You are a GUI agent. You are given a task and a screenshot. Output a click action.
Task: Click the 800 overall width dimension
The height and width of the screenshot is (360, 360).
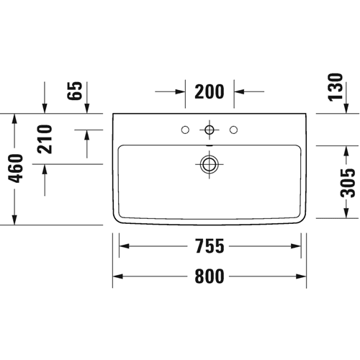210,276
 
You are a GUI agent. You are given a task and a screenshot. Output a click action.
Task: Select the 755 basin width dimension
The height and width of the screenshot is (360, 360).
210,246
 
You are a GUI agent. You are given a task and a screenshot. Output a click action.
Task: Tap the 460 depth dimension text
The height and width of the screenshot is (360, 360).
16,168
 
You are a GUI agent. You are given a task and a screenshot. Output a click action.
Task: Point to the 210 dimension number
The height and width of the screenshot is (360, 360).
45,139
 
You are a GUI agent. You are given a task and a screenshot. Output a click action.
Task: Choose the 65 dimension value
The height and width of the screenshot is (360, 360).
75,91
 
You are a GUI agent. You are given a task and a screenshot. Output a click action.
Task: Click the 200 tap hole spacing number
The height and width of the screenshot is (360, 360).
210,91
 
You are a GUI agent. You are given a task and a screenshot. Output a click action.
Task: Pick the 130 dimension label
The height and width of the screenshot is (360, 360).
336,87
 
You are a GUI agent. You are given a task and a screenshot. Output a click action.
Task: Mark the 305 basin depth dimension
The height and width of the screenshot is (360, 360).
348,183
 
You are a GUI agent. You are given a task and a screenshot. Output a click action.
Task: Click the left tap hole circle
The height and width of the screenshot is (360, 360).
185,130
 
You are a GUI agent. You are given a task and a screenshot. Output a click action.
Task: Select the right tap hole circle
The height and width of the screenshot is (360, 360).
233,130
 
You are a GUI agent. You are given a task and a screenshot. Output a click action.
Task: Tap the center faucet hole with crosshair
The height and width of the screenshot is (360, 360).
210,130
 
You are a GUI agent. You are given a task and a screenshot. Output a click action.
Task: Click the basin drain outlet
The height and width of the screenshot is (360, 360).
210,164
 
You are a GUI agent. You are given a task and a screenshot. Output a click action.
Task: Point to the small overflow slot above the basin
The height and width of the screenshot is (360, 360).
210,145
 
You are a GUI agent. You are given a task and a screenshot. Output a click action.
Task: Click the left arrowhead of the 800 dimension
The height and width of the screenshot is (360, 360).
118,276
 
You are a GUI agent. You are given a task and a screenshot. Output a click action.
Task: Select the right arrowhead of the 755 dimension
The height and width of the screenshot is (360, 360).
296,246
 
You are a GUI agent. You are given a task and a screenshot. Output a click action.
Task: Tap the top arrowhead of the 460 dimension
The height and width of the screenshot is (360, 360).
14,119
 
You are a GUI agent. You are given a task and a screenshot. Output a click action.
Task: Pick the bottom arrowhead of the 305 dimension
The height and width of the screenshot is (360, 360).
346,213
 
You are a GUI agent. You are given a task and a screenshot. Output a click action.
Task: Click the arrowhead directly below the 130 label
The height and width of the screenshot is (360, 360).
346,108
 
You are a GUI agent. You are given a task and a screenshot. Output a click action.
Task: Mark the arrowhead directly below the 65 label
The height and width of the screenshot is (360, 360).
87,108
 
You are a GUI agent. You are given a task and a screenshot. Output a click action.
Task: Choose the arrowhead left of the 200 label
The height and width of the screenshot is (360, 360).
180,91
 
